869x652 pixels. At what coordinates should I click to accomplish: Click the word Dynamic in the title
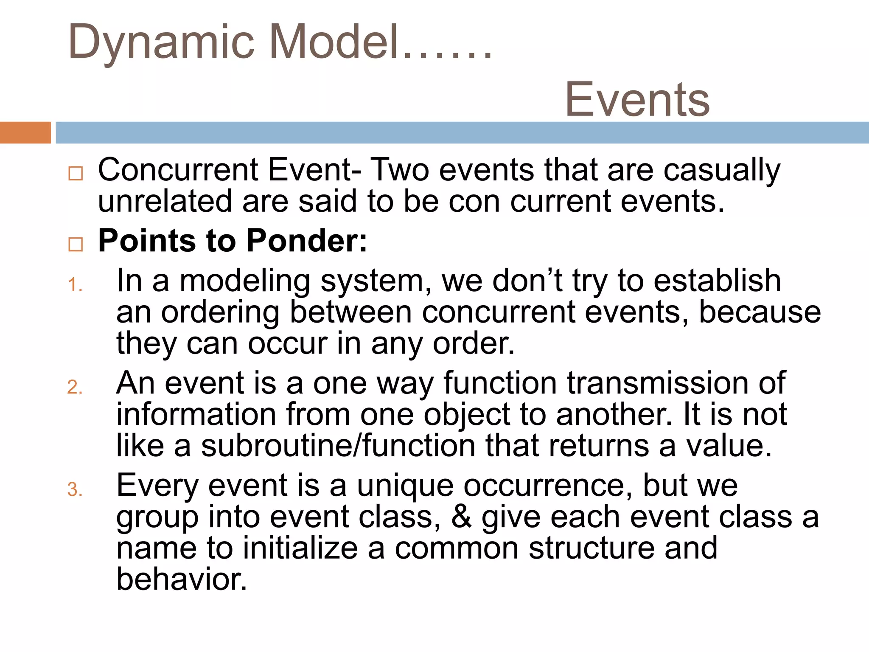(x=161, y=42)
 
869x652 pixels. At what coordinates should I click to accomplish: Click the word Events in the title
(x=637, y=100)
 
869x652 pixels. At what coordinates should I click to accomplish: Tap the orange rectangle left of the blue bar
(x=25, y=132)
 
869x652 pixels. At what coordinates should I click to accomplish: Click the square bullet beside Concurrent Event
(x=76, y=173)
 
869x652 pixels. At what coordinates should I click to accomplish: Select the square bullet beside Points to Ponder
(x=76, y=244)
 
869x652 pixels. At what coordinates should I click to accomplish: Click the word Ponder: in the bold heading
(x=306, y=241)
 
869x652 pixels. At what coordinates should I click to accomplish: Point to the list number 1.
(x=75, y=285)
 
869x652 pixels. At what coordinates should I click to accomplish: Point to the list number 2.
(x=75, y=387)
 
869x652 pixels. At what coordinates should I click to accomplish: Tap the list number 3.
(x=75, y=489)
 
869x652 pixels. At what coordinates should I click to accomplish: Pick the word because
(x=760, y=312)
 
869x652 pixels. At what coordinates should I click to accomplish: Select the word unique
(x=405, y=486)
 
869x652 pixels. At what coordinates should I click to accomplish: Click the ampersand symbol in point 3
(x=461, y=517)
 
